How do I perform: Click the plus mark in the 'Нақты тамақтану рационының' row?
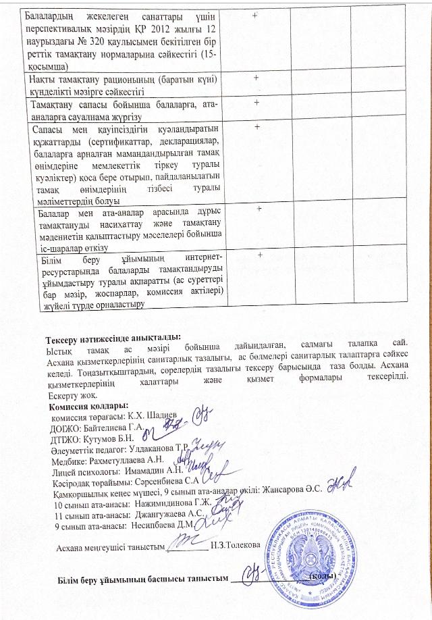256,78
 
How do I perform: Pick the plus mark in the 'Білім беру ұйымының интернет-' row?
260,254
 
